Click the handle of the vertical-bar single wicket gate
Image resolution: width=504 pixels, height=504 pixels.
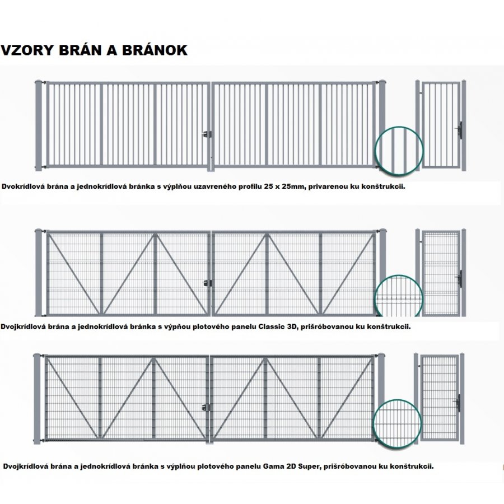(460, 130)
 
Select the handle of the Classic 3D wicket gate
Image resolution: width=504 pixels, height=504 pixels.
(460, 278)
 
